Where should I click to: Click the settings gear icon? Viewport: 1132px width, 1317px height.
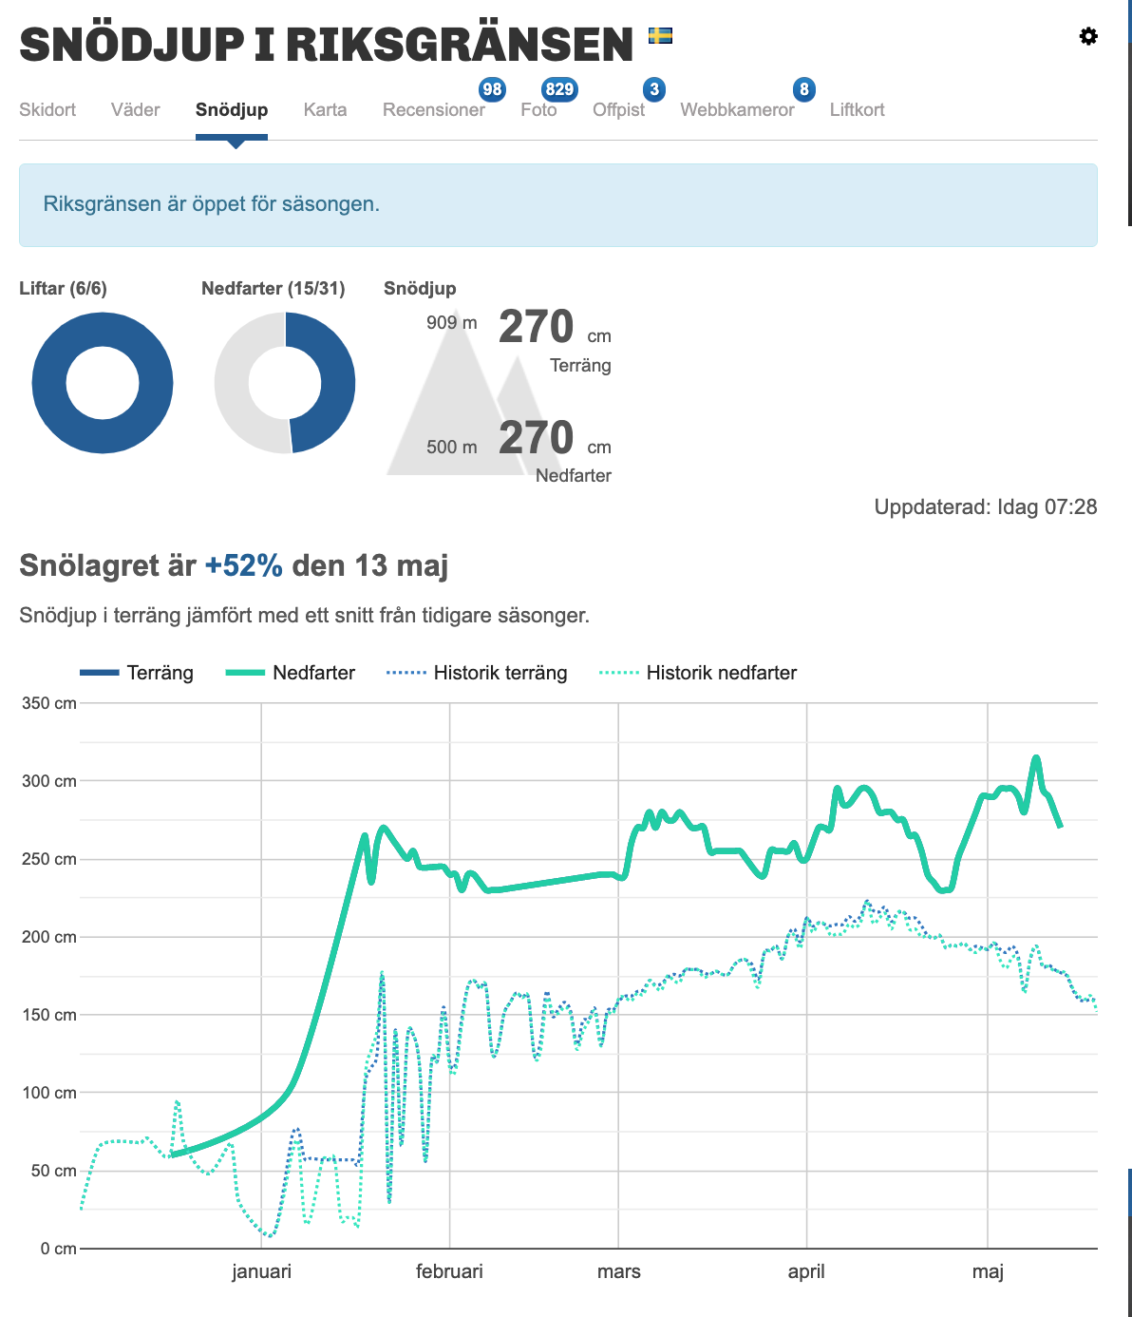(x=1088, y=36)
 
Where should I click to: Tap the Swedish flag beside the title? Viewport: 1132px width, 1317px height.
(x=660, y=35)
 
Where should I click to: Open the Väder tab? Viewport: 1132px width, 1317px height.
(x=135, y=109)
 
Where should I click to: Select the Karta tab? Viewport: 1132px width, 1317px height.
(x=325, y=109)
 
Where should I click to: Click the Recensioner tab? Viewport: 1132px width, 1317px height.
(x=434, y=109)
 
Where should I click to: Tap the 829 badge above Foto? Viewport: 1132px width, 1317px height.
(x=559, y=89)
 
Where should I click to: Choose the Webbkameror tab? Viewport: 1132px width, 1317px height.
(x=737, y=109)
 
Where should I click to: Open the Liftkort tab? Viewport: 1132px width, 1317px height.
(x=857, y=109)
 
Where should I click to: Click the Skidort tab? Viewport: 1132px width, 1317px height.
(x=47, y=109)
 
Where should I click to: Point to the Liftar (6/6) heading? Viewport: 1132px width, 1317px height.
(x=63, y=289)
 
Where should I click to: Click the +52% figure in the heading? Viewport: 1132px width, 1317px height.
(x=244, y=565)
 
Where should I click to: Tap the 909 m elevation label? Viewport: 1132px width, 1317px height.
(x=451, y=322)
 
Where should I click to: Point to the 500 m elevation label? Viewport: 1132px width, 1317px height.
(x=451, y=447)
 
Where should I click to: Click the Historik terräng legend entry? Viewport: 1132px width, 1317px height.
(x=477, y=673)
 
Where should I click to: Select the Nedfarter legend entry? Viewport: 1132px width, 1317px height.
(x=291, y=673)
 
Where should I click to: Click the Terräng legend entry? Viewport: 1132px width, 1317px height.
(x=136, y=673)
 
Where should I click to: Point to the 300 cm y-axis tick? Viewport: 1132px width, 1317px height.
(x=49, y=781)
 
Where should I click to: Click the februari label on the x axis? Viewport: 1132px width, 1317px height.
(x=449, y=1271)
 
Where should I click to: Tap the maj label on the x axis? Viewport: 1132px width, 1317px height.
(x=988, y=1272)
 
